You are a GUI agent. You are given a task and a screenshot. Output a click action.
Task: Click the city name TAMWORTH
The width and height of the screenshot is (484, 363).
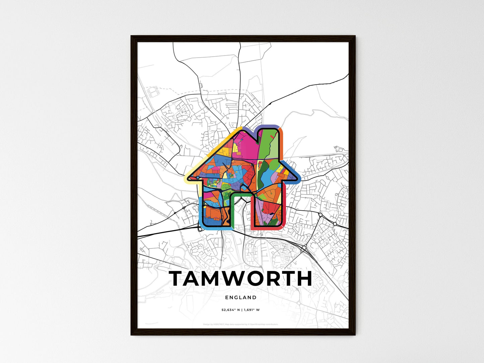240,279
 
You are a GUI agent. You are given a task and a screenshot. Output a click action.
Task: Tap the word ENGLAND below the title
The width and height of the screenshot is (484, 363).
240,297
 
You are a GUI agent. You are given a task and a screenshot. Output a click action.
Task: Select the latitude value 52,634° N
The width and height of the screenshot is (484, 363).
229,310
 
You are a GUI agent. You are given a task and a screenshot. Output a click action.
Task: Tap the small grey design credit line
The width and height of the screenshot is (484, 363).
240,324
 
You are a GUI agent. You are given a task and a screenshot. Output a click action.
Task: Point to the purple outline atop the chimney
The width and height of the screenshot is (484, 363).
269,126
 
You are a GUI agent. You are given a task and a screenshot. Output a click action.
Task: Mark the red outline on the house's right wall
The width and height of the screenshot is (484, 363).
284,208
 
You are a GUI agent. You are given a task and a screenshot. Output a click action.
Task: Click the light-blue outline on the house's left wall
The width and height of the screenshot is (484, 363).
200,211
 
